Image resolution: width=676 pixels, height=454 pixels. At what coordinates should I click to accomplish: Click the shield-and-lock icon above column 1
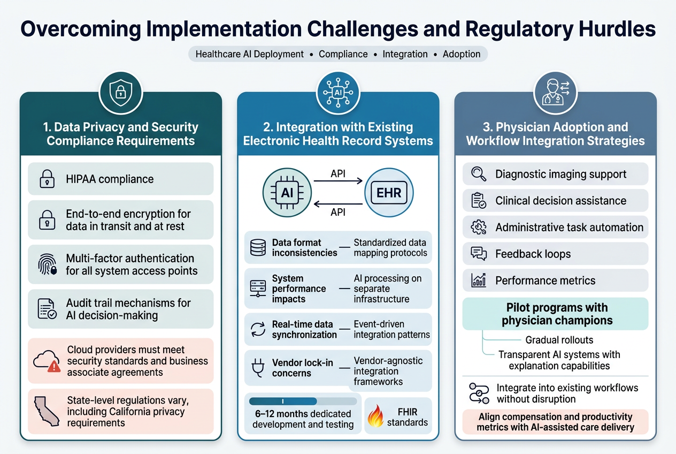point(121,93)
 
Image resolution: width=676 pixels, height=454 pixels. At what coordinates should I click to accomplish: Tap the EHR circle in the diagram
point(389,192)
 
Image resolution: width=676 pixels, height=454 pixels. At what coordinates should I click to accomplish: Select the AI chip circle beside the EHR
point(287,192)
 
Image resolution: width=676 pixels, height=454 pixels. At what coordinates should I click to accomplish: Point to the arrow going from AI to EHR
point(338,181)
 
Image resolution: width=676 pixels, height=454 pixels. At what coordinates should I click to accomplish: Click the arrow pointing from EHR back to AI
point(338,204)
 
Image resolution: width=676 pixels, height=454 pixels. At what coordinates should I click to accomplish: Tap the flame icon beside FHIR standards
point(375,416)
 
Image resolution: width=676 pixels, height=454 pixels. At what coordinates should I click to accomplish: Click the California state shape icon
point(47,411)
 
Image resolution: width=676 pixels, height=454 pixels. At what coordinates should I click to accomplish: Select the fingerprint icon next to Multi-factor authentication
point(48,264)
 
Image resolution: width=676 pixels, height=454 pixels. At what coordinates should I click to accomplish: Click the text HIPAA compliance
point(110,179)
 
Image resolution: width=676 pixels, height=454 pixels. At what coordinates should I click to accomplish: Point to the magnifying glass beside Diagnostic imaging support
point(479,174)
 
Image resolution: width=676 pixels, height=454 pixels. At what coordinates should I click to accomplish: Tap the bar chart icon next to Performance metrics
point(479,281)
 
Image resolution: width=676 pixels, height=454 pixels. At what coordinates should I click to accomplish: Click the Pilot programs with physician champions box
point(555,314)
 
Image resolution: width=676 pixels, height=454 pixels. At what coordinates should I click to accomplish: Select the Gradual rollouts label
point(559,340)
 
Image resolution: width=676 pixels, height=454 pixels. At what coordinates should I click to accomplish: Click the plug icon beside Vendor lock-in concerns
point(258,368)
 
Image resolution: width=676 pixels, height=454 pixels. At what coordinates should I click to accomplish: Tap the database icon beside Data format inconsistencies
point(258,247)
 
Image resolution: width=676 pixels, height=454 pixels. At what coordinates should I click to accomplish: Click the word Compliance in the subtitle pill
point(343,54)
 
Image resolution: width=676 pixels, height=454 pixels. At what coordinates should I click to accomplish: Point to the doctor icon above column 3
point(555,93)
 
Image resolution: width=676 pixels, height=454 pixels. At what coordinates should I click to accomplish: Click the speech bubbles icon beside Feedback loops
point(479,254)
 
